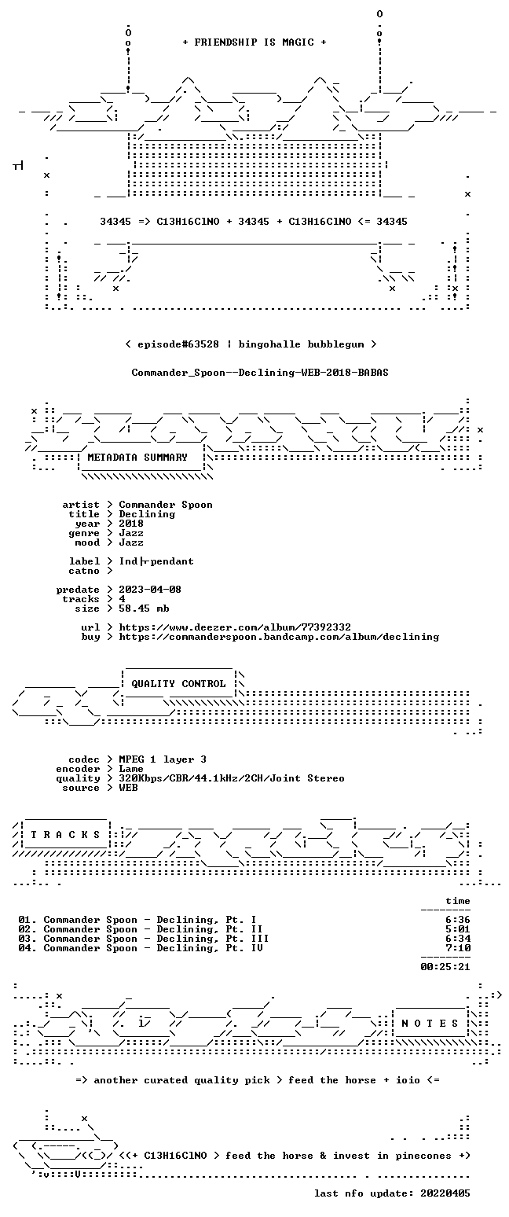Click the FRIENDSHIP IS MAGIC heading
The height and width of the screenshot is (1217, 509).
255,42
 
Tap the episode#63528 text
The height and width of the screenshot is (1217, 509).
178,344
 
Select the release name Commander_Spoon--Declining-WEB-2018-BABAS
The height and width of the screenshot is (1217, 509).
260,373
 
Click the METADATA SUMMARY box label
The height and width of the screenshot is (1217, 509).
137,458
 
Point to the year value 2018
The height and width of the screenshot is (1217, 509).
131,524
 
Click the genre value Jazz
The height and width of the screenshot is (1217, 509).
131,533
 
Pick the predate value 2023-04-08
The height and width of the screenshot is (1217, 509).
150,590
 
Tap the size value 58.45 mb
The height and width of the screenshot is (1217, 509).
144,608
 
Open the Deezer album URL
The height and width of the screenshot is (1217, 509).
235,627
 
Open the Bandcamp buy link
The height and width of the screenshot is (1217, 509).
279,637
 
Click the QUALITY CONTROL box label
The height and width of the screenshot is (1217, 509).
178,684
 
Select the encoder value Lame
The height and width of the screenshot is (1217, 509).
131,770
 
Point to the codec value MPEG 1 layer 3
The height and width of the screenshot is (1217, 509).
163,759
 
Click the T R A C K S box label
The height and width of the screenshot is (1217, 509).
66,835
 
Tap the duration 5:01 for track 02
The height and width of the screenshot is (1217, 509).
458,929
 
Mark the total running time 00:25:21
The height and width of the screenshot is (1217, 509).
445,967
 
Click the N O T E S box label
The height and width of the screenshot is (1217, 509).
430,1024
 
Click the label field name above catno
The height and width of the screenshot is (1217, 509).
85,561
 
